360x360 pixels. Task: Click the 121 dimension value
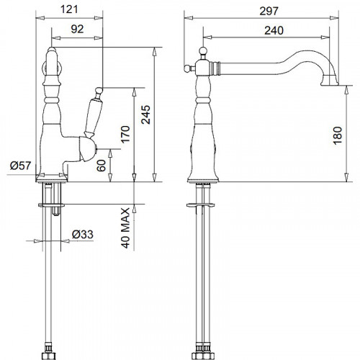tap(69, 9)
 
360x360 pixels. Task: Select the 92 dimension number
tap(77, 30)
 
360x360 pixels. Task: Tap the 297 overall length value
tap(269, 11)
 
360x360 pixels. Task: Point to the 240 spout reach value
tap(274, 30)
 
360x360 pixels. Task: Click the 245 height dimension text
tap(145, 114)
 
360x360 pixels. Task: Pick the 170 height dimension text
tap(125, 135)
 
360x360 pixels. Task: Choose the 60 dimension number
tap(101, 166)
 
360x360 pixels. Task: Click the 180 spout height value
tap(337, 135)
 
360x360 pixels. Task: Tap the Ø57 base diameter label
tap(21, 166)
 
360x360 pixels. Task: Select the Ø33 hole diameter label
tap(83, 234)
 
